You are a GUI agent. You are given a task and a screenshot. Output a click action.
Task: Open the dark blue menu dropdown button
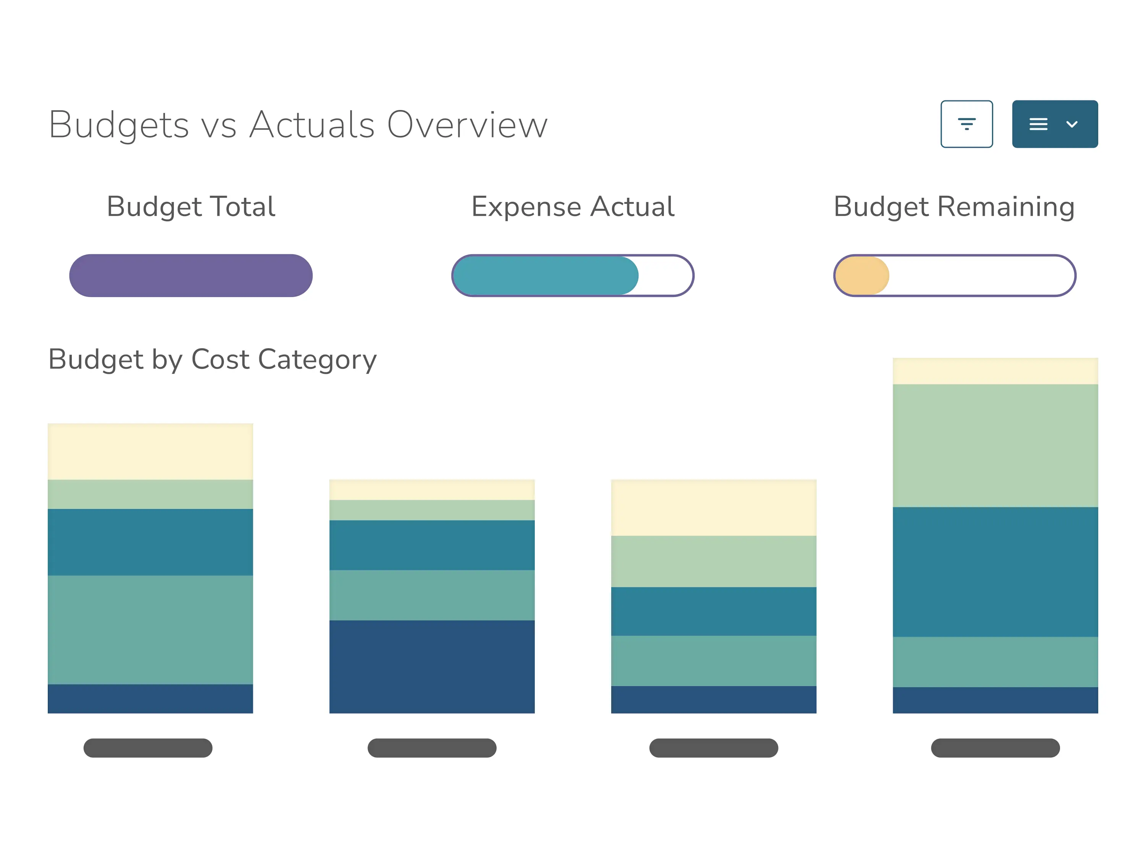click(x=1055, y=124)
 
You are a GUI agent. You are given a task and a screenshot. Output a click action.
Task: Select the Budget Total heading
click(x=191, y=207)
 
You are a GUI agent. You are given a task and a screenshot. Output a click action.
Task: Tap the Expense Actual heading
click(x=573, y=207)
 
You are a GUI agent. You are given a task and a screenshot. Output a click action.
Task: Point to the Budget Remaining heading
click(x=954, y=207)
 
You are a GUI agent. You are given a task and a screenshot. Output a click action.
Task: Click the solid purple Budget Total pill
click(x=191, y=276)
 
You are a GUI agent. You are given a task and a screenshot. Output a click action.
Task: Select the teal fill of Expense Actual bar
click(x=545, y=276)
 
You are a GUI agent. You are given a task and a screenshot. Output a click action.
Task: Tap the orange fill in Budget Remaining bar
click(x=861, y=276)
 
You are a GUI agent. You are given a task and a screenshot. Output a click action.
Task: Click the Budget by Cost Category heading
click(x=212, y=359)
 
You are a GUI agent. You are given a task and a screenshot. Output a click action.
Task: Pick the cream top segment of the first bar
click(x=150, y=452)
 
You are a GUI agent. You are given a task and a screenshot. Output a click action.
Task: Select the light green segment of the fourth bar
click(x=995, y=445)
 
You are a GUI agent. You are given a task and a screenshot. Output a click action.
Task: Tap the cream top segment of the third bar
click(x=714, y=507)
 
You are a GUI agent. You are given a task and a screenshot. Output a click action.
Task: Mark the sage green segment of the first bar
click(x=150, y=630)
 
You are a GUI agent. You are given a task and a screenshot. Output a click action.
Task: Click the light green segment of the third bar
click(x=714, y=561)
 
